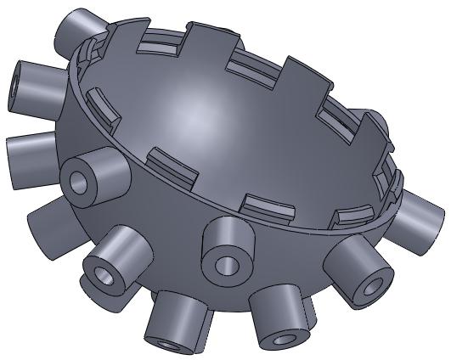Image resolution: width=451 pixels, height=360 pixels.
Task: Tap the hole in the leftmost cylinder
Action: click(x=18, y=85)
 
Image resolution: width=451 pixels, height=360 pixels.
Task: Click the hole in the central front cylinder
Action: click(x=227, y=264)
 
